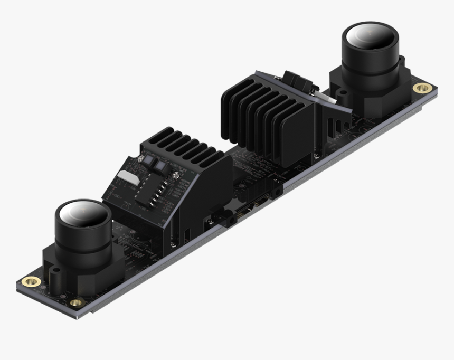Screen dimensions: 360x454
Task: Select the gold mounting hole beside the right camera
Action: (x=422, y=87)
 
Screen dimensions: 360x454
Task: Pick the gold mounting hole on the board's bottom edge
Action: (x=76, y=302)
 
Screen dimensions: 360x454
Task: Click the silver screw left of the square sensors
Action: (x=140, y=158)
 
